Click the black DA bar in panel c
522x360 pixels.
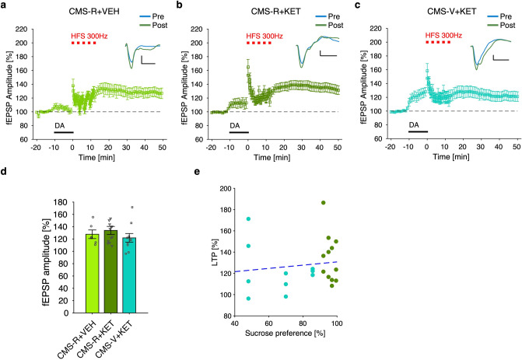pyautogui.click(x=418, y=131)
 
